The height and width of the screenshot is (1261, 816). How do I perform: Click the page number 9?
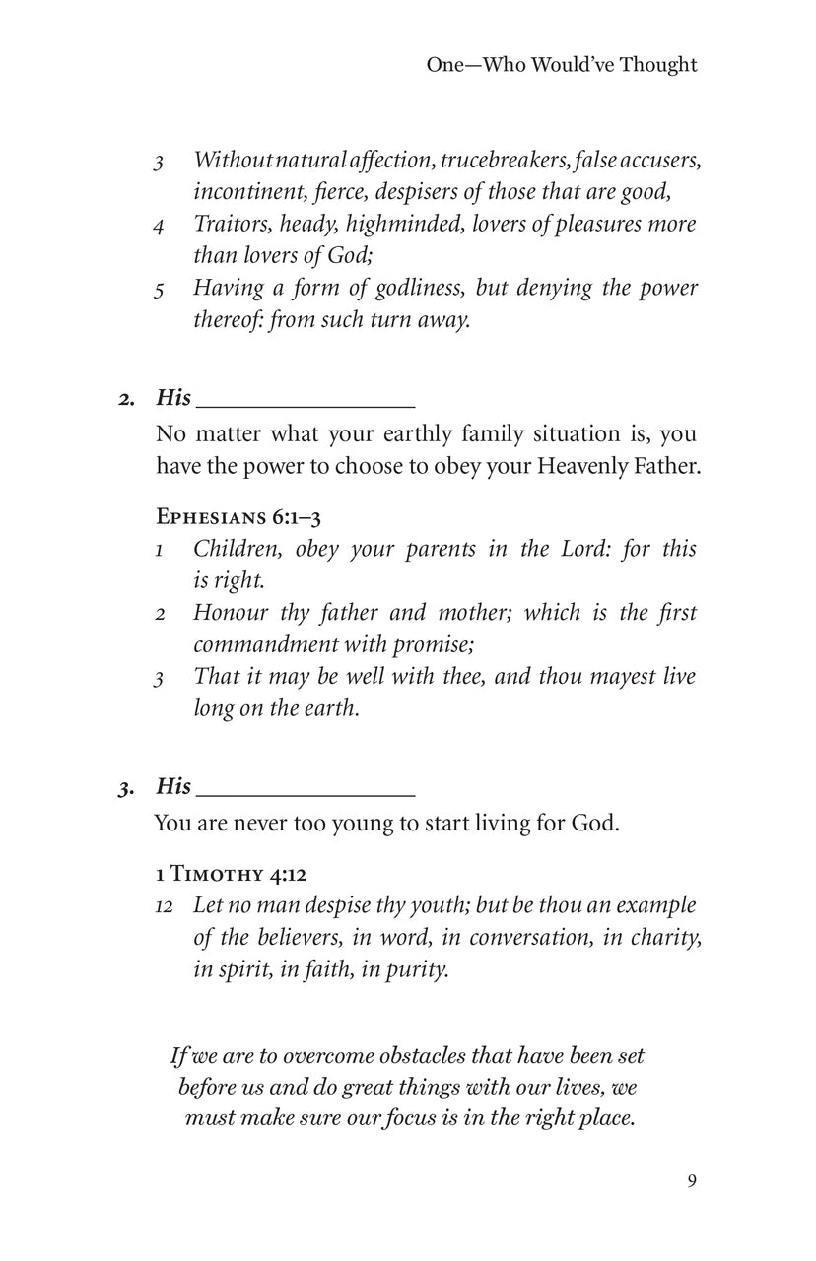[692, 1181]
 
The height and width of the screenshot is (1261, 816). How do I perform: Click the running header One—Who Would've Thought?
[562, 65]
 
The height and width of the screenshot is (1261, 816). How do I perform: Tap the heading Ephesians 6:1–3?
[238, 516]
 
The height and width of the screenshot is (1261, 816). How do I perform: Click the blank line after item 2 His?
[306, 401]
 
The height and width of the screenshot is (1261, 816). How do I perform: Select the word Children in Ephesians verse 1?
[233, 549]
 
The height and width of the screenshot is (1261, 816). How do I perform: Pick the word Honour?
[230, 613]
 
